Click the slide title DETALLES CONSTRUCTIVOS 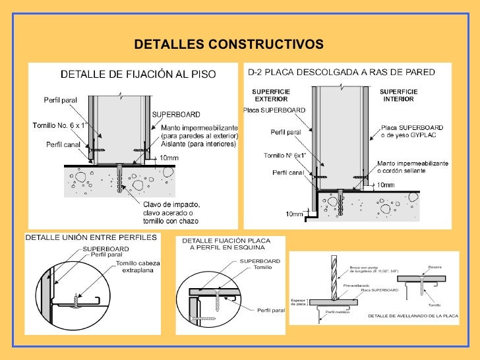229,44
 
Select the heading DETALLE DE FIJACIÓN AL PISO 138,75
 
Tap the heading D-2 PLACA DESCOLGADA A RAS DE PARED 341,72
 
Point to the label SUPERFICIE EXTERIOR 272,95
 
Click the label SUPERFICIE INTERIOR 398,95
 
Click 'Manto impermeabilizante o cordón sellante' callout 413,167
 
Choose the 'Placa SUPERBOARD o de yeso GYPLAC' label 411,131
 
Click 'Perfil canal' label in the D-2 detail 288,172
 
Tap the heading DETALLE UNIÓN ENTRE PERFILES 91,237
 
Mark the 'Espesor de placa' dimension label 299,302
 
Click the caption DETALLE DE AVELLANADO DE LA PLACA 413,316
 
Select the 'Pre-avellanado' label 355,285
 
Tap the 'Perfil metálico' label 338,311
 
